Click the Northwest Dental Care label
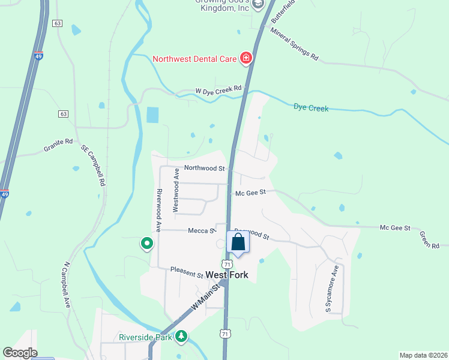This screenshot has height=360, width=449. (195, 59)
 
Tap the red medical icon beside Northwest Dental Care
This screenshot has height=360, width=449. (246, 58)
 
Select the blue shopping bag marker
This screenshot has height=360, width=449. (238, 243)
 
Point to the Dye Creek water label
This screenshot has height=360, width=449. (311, 108)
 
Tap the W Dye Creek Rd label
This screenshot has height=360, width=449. (218, 90)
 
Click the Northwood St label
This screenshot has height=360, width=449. (204, 169)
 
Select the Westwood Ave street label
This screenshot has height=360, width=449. (176, 190)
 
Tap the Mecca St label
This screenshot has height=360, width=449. (202, 230)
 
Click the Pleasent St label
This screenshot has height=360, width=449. (186, 273)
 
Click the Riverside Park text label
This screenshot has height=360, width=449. (146, 337)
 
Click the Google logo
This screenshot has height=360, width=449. (20, 353)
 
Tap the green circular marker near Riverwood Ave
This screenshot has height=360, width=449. (146, 244)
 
